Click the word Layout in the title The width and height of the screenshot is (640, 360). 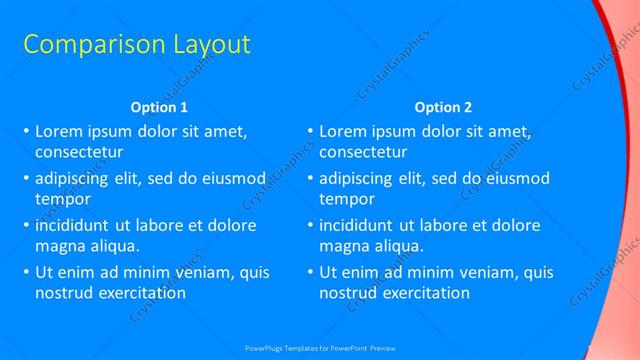199,45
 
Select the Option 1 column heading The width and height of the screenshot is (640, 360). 159,107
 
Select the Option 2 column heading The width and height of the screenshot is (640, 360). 443,107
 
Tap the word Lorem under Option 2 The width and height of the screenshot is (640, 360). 342,131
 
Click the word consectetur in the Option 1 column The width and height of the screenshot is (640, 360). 79,153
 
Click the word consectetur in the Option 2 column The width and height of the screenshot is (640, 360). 363,153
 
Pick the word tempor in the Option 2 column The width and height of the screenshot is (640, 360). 346,199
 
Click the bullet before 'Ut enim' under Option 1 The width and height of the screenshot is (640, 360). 26,272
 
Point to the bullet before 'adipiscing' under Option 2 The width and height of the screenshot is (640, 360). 310,178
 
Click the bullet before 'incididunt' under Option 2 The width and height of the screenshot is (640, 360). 310,225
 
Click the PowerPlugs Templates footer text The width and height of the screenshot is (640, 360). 320,349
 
